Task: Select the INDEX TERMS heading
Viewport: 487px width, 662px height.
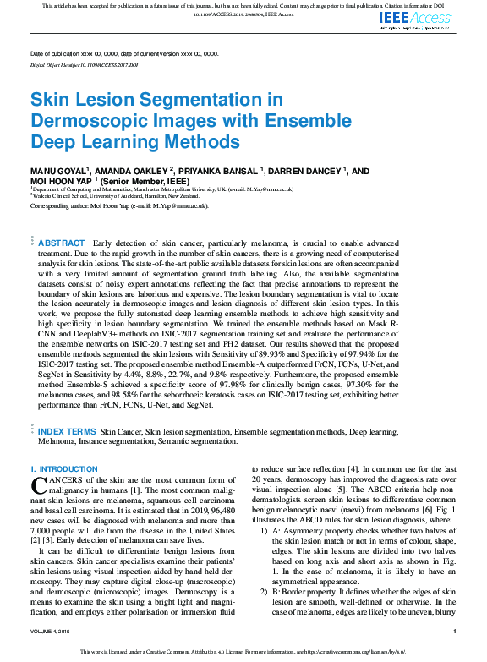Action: (68, 431)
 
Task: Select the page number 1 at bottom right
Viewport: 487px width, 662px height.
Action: (454, 632)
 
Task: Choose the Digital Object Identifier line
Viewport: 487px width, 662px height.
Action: (84, 64)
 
